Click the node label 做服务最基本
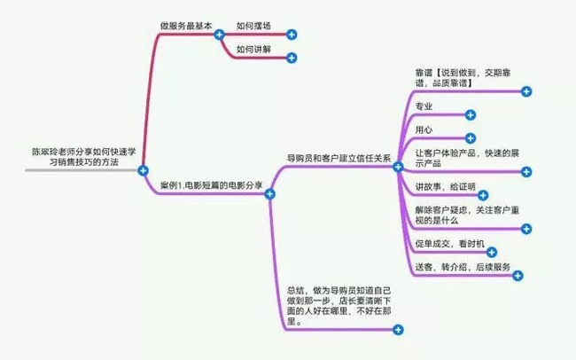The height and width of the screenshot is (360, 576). [187, 27]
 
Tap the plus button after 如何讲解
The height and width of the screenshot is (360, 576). [292, 59]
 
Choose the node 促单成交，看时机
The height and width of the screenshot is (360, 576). [449, 243]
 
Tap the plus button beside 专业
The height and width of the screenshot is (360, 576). [471, 115]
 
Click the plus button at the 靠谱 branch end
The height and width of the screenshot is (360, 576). [526, 91]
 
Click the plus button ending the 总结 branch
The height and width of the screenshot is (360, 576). [397, 330]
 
